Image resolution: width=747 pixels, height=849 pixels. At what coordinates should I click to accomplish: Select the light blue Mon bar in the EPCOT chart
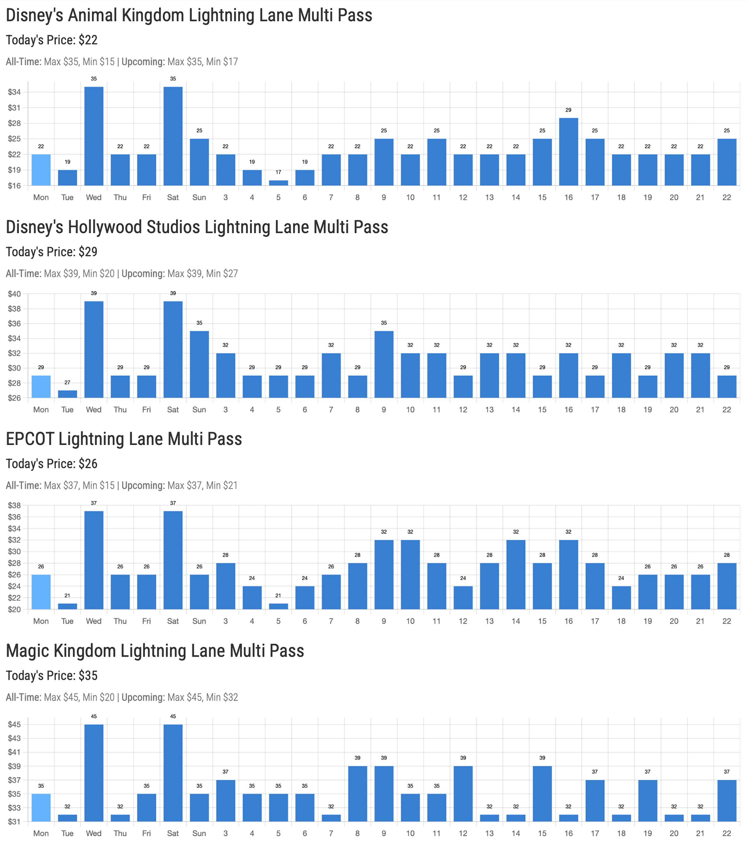(41, 592)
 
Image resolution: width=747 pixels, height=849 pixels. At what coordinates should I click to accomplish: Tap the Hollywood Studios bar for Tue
(67, 394)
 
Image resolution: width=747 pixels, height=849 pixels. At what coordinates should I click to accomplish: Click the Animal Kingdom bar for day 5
(278, 183)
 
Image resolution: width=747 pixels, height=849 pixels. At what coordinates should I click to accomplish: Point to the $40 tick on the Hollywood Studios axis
(15, 294)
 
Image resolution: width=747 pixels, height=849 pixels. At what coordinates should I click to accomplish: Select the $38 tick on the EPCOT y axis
(15, 505)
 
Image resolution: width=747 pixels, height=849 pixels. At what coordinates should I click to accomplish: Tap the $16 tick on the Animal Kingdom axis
(15, 186)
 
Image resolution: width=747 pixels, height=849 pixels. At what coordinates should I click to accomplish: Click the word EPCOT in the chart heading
(29, 439)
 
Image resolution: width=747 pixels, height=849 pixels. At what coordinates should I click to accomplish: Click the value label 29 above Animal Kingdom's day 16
(568, 110)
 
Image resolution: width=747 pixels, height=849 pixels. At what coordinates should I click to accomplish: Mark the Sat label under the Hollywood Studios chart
(173, 410)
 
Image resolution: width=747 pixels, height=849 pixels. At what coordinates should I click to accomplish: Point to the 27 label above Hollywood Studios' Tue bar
(67, 382)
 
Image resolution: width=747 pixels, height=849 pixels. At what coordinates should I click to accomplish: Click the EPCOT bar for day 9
(384, 575)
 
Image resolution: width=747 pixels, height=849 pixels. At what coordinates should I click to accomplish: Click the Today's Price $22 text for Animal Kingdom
(51, 40)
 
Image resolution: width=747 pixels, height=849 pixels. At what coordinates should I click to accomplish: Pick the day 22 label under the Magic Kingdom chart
(726, 833)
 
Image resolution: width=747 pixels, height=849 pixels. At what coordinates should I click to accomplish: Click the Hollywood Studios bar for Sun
(199, 364)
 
